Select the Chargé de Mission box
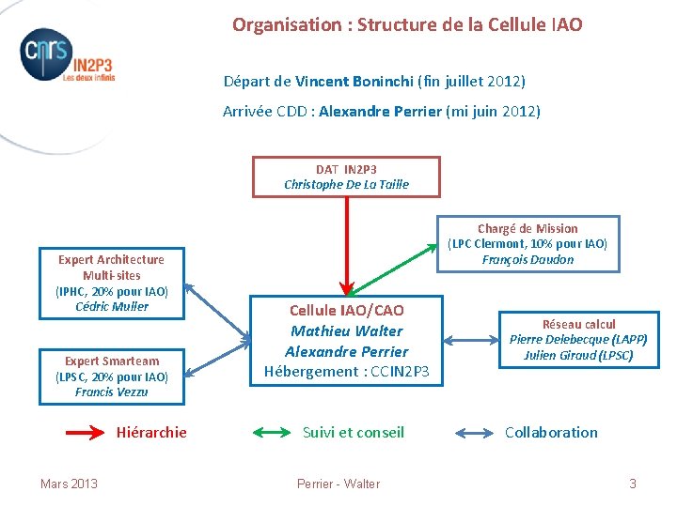click(x=527, y=244)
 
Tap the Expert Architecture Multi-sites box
click(x=111, y=283)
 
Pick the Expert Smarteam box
click(x=111, y=376)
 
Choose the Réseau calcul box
click(x=578, y=339)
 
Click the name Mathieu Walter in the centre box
click(x=346, y=330)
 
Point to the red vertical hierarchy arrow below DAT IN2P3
click(x=346, y=244)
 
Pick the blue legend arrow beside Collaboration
click(x=474, y=433)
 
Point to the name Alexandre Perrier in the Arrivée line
click(x=380, y=112)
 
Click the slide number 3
click(x=632, y=484)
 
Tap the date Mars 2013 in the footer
click(x=69, y=484)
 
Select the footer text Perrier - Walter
click(x=338, y=484)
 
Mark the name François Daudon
click(x=527, y=260)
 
